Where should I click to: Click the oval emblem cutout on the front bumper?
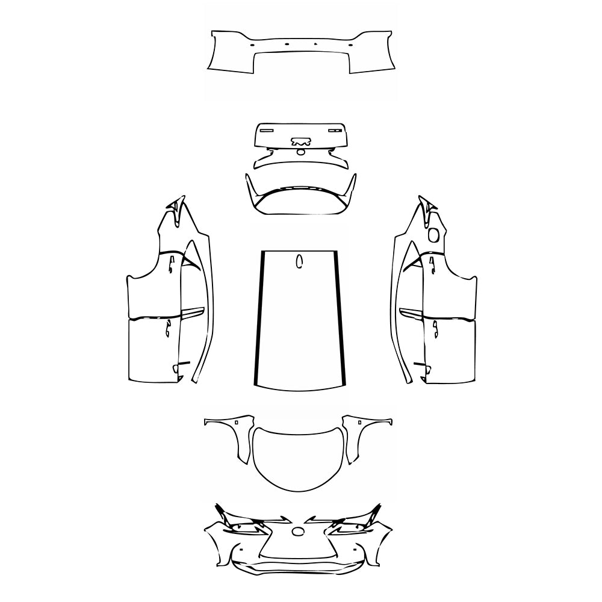tap(299, 531)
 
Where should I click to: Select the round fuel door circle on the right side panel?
tap(433, 234)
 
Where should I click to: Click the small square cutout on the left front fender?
tap(237, 423)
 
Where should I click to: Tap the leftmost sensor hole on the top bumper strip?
tap(252, 44)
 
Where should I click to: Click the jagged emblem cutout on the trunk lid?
tap(300, 142)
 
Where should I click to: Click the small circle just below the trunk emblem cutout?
tap(300, 152)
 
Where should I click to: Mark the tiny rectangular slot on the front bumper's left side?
tap(238, 550)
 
